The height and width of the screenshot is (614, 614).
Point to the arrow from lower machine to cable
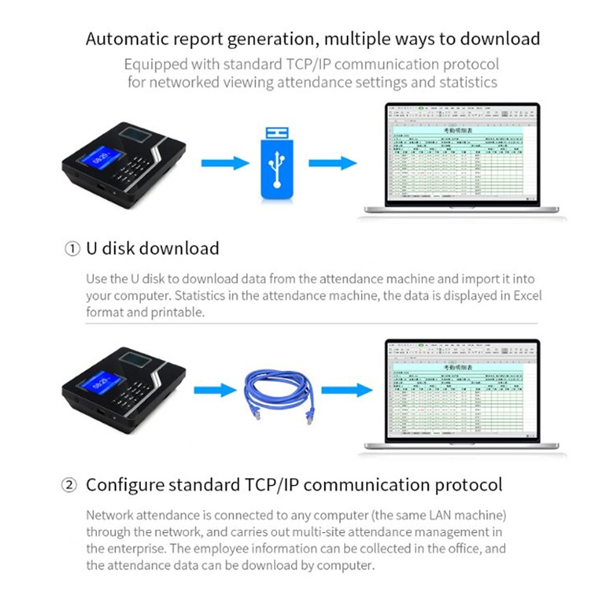[x=215, y=389]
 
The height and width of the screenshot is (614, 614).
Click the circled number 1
[x=72, y=249]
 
